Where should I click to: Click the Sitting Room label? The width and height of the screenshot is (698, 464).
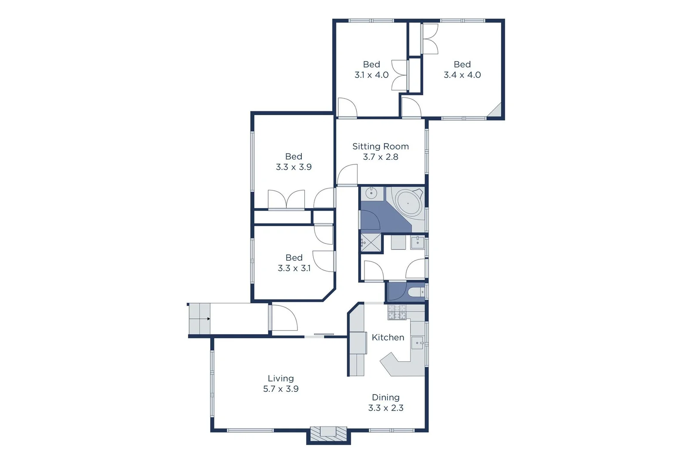tap(380, 147)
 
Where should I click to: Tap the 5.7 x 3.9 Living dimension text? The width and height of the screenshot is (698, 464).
tap(281, 389)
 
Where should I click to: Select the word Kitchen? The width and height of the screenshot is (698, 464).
tap(388, 338)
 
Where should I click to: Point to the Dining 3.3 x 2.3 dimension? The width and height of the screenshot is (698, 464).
tap(386, 408)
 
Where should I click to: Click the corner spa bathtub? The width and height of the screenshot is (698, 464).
tap(408, 203)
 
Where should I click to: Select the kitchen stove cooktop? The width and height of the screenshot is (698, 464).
tap(397, 313)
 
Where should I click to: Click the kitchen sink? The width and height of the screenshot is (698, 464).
tap(418, 343)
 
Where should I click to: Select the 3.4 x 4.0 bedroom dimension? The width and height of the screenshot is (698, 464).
tap(462, 75)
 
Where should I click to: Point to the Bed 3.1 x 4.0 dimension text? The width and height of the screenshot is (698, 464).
tap(371, 75)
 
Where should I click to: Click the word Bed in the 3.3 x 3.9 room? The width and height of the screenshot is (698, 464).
tap(294, 156)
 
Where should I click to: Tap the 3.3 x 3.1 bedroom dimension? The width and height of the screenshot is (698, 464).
tap(294, 268)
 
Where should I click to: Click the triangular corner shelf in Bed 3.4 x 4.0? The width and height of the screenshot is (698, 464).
tap(496, 111)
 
